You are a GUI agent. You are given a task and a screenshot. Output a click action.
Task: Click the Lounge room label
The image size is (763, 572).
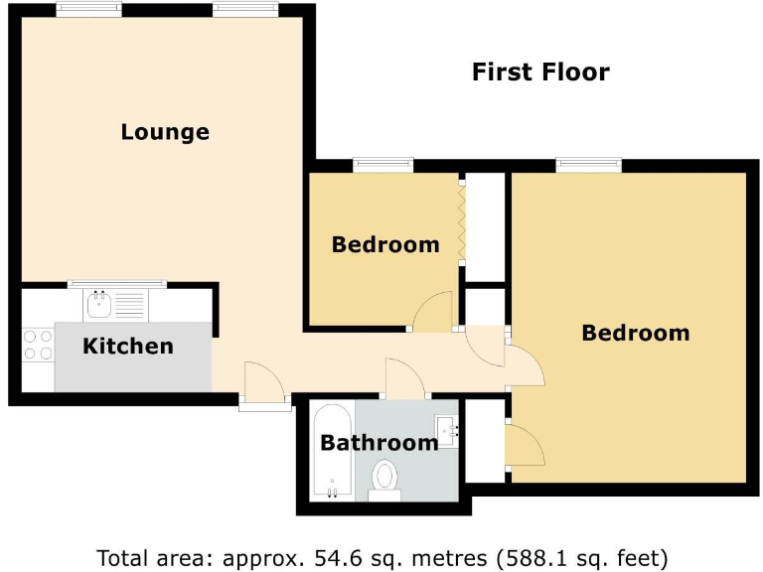165,132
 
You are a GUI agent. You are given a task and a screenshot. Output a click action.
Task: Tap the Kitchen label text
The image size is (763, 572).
127,347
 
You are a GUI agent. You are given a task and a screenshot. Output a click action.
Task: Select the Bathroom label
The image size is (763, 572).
379,443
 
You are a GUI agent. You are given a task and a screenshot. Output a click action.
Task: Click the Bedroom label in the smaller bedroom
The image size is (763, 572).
385,244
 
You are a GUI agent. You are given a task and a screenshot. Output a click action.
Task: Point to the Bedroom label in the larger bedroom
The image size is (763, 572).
635,333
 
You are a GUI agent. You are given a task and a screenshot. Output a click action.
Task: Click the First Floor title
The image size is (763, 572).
539,72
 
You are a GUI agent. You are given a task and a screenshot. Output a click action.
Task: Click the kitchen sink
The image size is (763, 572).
99,304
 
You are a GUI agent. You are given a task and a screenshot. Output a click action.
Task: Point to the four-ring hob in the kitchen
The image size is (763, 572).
38,345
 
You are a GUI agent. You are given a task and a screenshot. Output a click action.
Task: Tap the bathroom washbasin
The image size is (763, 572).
449,430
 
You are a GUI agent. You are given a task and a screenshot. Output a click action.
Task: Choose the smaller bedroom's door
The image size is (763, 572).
433,312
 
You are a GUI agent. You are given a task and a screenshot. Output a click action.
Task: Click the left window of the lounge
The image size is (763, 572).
89,9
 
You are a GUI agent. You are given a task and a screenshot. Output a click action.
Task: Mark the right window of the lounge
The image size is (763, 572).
244,9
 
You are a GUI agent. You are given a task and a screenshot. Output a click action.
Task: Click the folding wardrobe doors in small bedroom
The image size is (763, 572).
462,222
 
